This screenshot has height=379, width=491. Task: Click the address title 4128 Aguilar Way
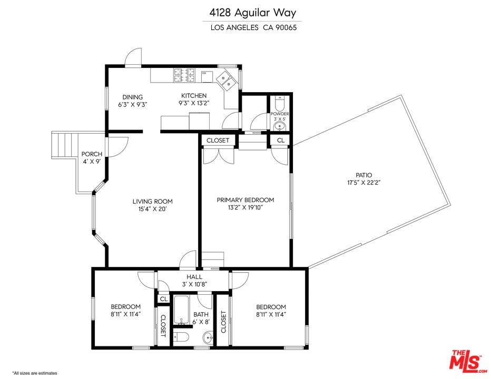coord(252,13)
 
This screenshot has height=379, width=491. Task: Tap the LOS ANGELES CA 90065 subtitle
coord(253,27)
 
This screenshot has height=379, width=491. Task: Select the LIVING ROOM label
coord(152,202)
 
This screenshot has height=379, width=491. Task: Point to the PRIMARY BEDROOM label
coord(246,200)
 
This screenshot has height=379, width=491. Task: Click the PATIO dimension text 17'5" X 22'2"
coord(364,183)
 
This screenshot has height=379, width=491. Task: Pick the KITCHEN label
coord(194,96)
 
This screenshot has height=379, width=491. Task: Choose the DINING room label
coord(132,97)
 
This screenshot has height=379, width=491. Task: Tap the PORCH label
coord(92,154)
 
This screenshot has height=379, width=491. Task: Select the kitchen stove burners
coord(184,75)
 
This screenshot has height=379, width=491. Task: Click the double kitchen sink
coord(227,80)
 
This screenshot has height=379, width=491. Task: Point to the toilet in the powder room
coord(278,102)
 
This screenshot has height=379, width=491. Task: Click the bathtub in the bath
coord(181,310)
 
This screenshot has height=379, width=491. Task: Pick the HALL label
coord(194,277)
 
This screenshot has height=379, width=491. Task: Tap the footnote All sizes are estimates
coord(35,373)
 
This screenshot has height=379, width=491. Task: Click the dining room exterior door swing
coord(133,57)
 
